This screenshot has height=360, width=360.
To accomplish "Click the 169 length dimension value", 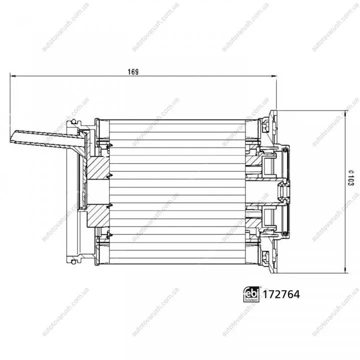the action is point(133,72).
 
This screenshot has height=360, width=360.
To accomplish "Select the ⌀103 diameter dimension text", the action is point(350,178).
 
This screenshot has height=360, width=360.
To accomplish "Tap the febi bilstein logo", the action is point(251,294).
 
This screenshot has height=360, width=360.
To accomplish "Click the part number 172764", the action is point(281,294).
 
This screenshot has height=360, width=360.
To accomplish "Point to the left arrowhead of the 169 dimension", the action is point(13,76).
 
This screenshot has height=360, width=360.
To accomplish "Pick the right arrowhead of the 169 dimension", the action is point(274,76).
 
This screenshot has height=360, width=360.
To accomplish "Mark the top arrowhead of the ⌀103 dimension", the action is point(345,113).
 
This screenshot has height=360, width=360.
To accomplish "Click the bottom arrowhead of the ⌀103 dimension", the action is point(345,270).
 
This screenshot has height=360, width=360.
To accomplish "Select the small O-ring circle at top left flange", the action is point(73,121).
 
